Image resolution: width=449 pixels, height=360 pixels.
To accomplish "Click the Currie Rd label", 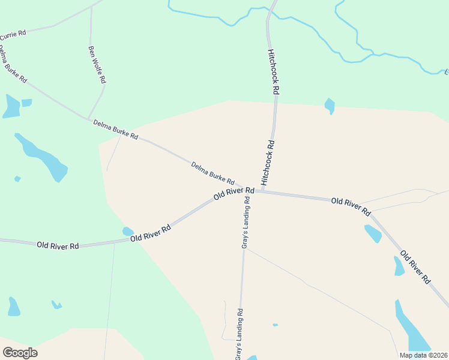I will pos(13,35).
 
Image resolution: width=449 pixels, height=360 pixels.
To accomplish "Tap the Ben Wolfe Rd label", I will pos(97,64).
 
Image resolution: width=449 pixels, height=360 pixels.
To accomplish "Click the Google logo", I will pos(20,353).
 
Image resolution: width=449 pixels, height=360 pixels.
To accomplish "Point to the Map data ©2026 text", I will pos(423,355).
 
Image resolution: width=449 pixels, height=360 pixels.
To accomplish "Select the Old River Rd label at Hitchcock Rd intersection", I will pos(234,194).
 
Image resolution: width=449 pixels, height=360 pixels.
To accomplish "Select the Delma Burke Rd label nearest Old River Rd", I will pos(212,173).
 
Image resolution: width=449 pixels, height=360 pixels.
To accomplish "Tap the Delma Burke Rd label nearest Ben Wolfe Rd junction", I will pos(115,130).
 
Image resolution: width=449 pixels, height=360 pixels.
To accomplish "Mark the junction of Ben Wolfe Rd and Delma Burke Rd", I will pos(88,118).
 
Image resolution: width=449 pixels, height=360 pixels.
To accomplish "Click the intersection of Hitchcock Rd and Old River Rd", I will pos(262,191).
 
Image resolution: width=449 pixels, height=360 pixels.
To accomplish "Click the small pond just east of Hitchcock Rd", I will pos(329,106).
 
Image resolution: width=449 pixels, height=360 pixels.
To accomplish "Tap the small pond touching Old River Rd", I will pos(128,232).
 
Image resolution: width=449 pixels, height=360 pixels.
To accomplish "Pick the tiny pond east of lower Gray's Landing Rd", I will pos(275,325).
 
